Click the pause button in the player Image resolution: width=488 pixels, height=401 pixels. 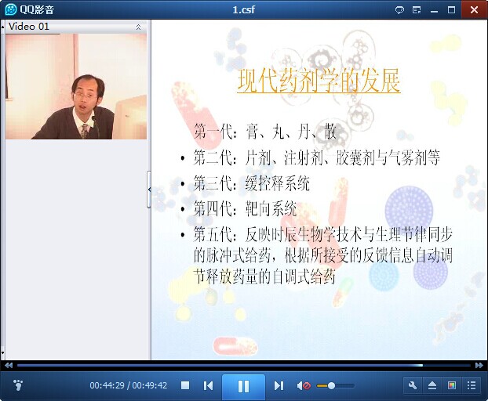point(243,386)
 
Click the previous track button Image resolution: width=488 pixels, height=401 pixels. point(208,386)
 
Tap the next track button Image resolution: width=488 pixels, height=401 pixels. point(279,386)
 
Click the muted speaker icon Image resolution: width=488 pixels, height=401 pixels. point(304,386)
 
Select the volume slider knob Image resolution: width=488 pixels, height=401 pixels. point(331,386)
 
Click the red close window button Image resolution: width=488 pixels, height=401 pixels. point(475,9)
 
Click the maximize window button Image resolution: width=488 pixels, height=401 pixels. point(451,10)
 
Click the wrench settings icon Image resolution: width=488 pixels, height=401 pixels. point(413,385)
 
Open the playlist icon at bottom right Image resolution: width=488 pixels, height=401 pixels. point(472,385)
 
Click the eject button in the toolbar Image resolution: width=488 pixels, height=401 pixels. point(432,385)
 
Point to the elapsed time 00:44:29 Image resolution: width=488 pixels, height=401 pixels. point(107,385)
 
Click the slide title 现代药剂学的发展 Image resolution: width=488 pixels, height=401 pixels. point(319,81)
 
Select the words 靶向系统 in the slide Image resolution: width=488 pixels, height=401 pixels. point(271,208)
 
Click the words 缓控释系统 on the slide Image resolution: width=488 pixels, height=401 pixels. point(278,183)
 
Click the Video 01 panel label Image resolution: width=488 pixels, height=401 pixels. point(29,27)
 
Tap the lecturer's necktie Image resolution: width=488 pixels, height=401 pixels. point(85,131)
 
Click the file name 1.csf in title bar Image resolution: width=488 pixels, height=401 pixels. point(244,9)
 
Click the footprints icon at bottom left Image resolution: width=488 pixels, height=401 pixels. point(18,385)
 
